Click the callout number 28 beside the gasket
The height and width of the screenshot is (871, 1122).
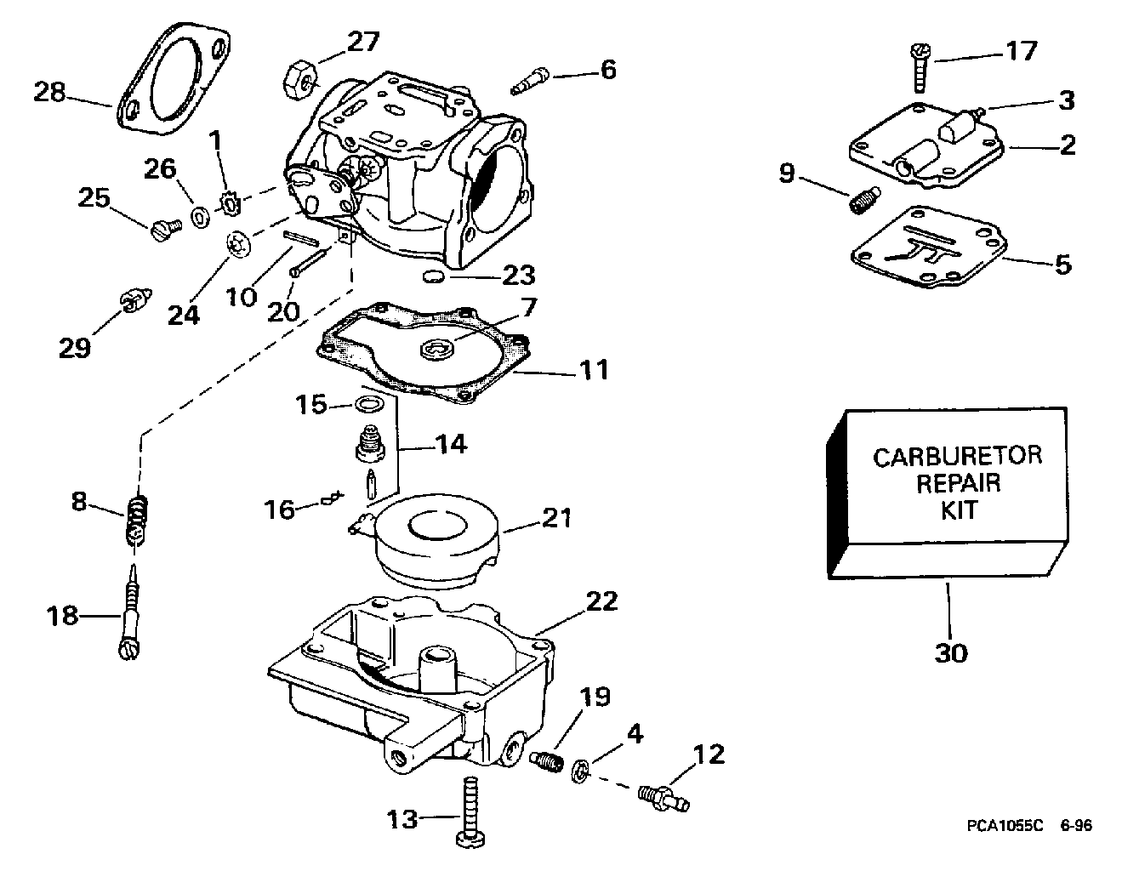[x=50, y=92]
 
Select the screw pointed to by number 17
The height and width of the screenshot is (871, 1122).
[x=920, y=69]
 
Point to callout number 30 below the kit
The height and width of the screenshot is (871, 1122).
[x=951, y=652]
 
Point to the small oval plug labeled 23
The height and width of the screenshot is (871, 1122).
[x=433, y=276]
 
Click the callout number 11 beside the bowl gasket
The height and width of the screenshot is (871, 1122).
[x=593, y=371]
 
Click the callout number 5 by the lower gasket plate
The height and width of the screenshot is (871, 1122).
[x=1062, y=265]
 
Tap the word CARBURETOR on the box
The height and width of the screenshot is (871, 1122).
[x=958, y=457]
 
